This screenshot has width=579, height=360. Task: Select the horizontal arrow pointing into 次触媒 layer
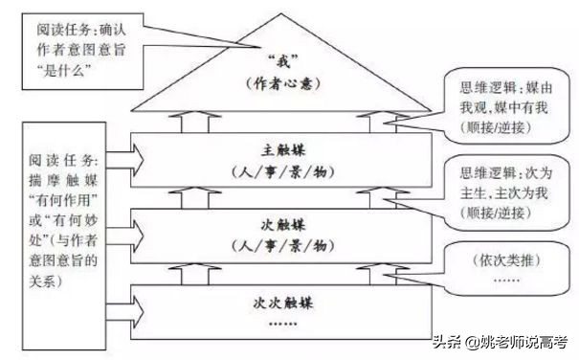tap(134, 230)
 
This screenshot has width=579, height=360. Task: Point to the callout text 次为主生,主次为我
tap(498, 184)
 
